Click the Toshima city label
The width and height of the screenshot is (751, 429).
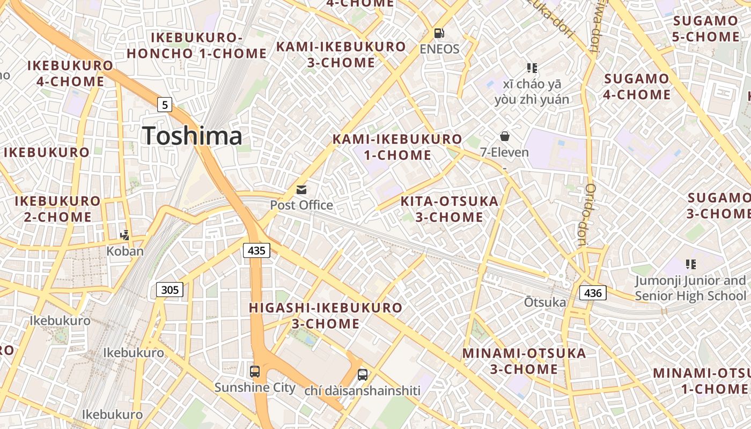click(192, 136)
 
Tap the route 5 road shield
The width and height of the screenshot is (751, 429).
click(165, 104)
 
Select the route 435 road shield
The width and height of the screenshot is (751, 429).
click(256, 250)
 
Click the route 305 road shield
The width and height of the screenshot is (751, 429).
click(170, 290)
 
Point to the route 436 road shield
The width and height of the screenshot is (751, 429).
click(593, 293)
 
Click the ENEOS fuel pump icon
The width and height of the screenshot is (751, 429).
click(439, 33)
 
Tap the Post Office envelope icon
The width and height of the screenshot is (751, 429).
click(301, 190)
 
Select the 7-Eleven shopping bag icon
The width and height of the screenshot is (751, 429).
click(504, 136)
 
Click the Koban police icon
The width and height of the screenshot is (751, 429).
click(125, 234)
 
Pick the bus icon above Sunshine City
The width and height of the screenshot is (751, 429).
click(255, 371)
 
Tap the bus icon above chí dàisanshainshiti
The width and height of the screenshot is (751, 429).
click(363, 374)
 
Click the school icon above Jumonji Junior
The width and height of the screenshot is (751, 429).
click(690, 264)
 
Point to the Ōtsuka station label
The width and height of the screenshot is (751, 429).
click(545, 302)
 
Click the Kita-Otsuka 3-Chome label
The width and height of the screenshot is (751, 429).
click(450, 209)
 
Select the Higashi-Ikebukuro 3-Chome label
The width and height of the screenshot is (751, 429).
click(326, 316)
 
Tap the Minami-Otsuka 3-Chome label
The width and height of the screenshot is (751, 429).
click(524, 361)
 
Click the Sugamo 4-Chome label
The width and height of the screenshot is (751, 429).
click(637, 87)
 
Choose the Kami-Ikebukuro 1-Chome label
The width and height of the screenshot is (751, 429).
click(397, 147)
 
